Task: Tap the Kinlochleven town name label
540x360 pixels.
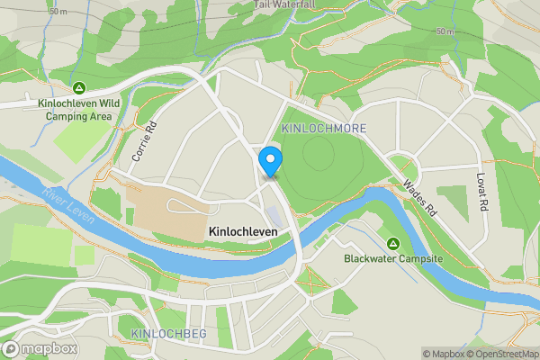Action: coord(242,231)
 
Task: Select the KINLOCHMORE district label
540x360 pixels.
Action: coord(324,129)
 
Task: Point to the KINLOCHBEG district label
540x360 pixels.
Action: coord(169,334)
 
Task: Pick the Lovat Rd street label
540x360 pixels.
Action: coord(483,192)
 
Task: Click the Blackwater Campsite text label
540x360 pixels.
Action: coord(393,258)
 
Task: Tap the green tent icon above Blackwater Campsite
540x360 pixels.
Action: coord(393,244)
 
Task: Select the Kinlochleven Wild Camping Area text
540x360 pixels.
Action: coord(79,109)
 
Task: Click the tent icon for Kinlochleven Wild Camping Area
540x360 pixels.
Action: coord(79,88)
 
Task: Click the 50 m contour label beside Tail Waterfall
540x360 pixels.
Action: coord(445,31)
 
